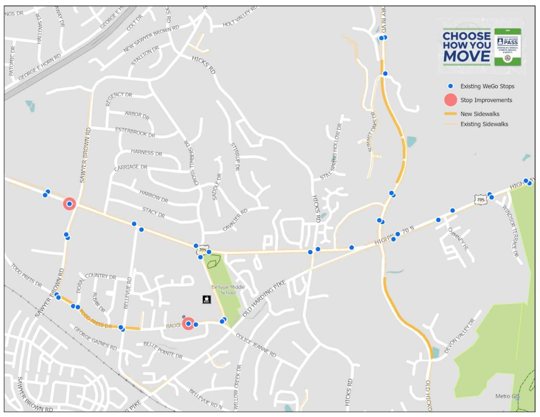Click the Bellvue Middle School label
tap(228, 290)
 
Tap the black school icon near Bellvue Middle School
tap(207, 299)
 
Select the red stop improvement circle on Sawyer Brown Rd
tap(69, 204)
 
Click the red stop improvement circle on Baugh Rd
tap(188, 324)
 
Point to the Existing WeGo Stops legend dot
tap(450, 86)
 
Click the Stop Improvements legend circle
tap(450, 100)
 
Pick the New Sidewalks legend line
tap(450, 114)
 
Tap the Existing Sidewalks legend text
tap(484, 124)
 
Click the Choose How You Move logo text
tap(467, 46)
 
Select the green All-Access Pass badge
tap(507, 47)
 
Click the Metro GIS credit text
tap(507, 396)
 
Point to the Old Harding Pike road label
tap(264, 298)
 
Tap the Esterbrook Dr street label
tap(135, 132)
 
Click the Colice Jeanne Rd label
tap(256, 345)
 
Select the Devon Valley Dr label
tap(459, 336)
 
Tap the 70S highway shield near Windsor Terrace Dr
tap(480, 200)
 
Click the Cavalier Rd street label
tap(235, 220)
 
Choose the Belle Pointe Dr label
tap(163, 350)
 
